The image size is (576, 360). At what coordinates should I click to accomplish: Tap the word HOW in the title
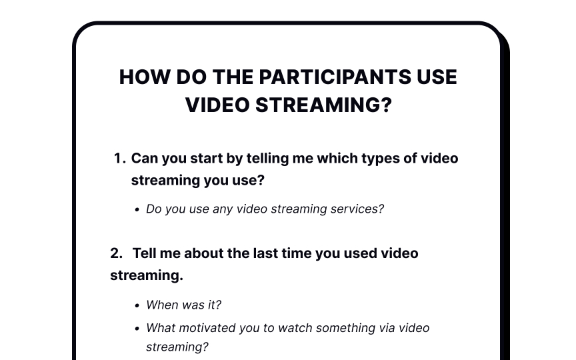(145, 77)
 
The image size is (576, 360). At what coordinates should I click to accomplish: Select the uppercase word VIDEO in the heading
(217, 105)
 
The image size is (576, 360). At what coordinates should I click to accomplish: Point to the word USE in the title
(437, 77)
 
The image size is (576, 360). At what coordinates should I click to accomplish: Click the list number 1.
(120, 158)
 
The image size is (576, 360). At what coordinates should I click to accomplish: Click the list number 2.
(117, 253)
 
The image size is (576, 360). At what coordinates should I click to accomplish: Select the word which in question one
(337, 158)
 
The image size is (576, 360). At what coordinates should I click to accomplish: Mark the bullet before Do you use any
(137, 210)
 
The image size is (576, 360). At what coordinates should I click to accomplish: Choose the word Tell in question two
(145, 253)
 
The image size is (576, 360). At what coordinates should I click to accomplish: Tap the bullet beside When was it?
(137, 305)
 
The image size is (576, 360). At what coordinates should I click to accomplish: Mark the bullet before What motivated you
(137, 329)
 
